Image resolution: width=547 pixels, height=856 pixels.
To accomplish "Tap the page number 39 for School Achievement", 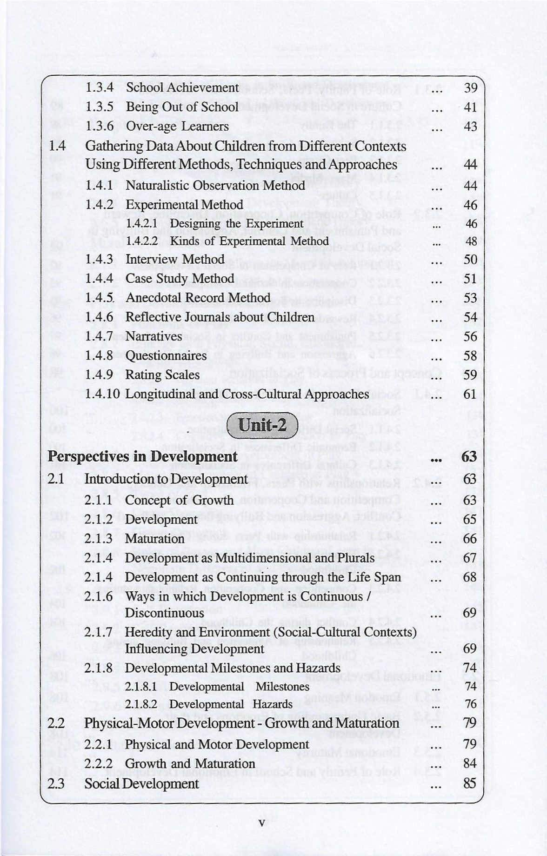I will point(470,88).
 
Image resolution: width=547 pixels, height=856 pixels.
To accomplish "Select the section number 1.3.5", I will point(100,107).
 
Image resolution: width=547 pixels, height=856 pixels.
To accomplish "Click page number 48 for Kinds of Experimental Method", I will point(471,241).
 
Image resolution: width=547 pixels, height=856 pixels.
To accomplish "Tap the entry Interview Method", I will point(175,259).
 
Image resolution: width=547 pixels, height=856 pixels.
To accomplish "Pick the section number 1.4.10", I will point(103,394).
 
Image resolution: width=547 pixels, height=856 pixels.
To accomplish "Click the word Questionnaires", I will point(166,356).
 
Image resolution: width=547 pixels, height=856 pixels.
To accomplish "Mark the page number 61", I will point(470,394).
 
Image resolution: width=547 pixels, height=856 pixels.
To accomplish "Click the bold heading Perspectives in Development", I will point(143,456).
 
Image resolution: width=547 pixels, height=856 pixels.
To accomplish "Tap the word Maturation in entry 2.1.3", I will point(155,539).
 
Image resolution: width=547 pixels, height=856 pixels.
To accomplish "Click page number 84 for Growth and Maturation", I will point(470,763).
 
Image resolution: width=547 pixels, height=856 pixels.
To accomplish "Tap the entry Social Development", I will point(141,784).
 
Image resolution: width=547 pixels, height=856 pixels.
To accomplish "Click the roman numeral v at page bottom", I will point(261,823).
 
